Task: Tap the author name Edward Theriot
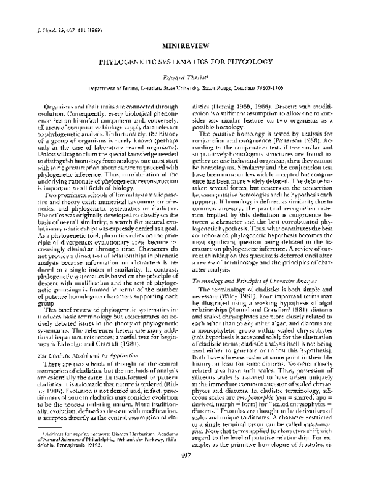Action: tap(184, 76)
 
